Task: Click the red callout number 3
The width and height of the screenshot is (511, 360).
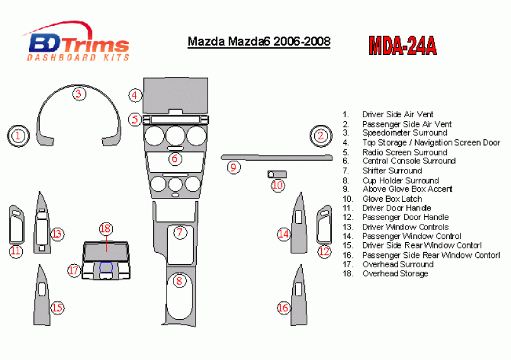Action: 78,94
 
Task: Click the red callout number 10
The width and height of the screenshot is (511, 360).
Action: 278,185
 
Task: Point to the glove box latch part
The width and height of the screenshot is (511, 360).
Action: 277,174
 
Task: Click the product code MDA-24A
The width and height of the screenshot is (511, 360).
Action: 402,45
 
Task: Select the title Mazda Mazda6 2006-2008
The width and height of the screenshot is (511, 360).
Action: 259,42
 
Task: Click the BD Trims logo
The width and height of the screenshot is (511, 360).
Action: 76,42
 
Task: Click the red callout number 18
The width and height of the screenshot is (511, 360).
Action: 106,228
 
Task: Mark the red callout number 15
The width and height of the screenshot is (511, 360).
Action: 57,308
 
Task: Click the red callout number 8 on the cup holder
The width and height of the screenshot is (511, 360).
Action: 179,281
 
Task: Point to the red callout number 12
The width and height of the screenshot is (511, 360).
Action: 324,252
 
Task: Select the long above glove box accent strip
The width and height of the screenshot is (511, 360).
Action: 277,158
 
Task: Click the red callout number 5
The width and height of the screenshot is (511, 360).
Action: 134,119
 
